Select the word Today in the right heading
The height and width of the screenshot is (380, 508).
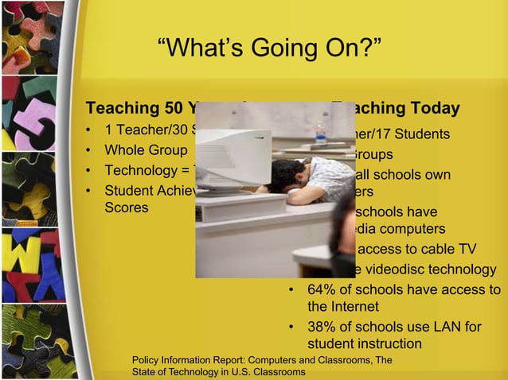pyautogui.click(x=436, y=108)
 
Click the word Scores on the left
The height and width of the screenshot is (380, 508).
pyautogui.click(x=127, y=207)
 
